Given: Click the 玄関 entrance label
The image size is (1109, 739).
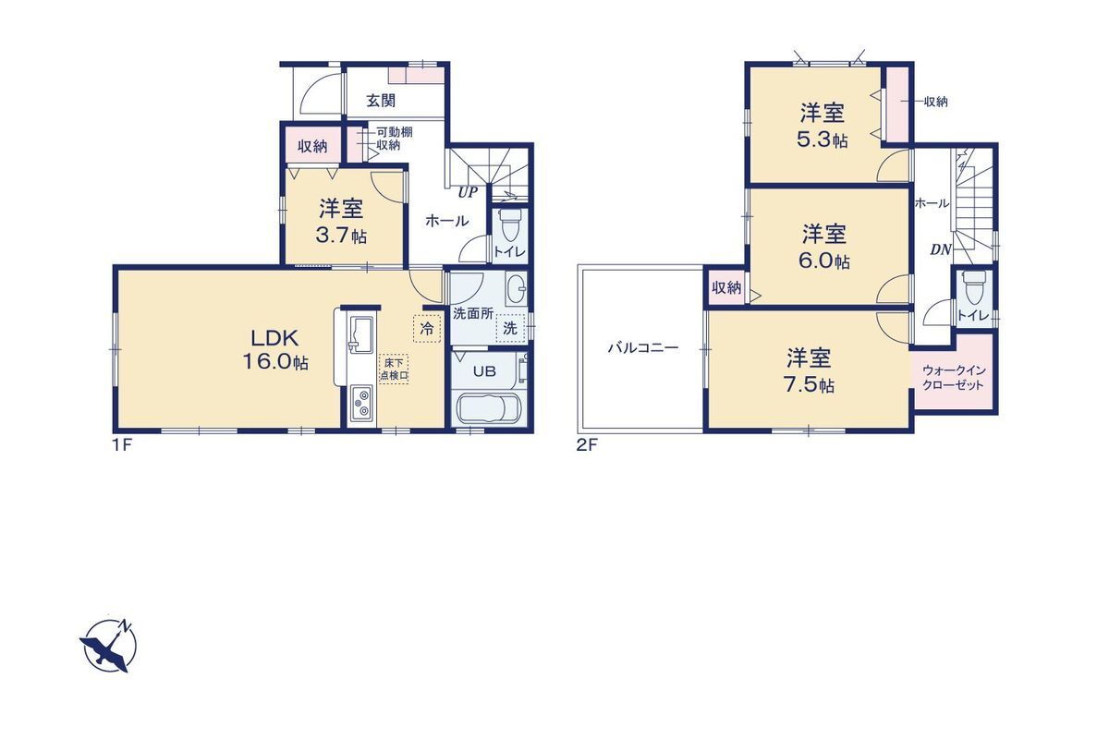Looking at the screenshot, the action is point(381,101).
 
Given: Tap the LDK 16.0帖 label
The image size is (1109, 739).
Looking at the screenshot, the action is point(275,350).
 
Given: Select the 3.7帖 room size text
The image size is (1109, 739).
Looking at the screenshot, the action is point(341,236).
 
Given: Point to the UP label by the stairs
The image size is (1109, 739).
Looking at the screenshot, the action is point(467,192).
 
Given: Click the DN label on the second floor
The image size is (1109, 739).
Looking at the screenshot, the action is point(940,250).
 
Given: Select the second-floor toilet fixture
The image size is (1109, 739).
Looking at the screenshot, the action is point(973,287).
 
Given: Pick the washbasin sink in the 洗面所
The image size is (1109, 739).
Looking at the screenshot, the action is point(516,288).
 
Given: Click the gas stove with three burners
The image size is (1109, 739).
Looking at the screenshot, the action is point(363,404).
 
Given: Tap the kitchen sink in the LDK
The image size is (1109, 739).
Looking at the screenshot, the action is point(361,335).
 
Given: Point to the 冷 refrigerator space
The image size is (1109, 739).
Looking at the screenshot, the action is point(427,329).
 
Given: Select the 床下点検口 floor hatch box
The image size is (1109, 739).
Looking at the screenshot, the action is point(394,369).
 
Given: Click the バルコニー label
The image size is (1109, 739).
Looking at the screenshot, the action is point(642,348).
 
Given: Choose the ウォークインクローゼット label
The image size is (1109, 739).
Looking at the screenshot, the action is point(953,378).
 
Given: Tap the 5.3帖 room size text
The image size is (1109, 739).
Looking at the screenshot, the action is point(823,139).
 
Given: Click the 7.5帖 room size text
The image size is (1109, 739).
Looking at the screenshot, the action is point(809,384).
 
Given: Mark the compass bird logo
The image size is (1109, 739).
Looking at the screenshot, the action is point(108,646).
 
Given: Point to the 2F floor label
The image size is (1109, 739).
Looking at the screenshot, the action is point(587,445).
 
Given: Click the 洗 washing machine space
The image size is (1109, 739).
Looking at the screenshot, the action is point(510,328).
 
